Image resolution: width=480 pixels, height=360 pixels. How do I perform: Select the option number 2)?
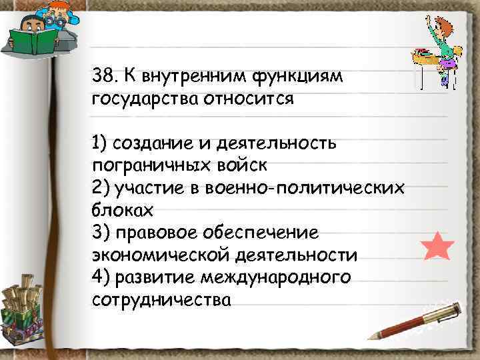101,188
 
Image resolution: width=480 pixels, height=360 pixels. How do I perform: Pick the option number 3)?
101,233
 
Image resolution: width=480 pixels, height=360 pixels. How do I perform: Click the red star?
438,246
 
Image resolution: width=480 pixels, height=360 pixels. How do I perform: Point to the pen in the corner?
416,320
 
